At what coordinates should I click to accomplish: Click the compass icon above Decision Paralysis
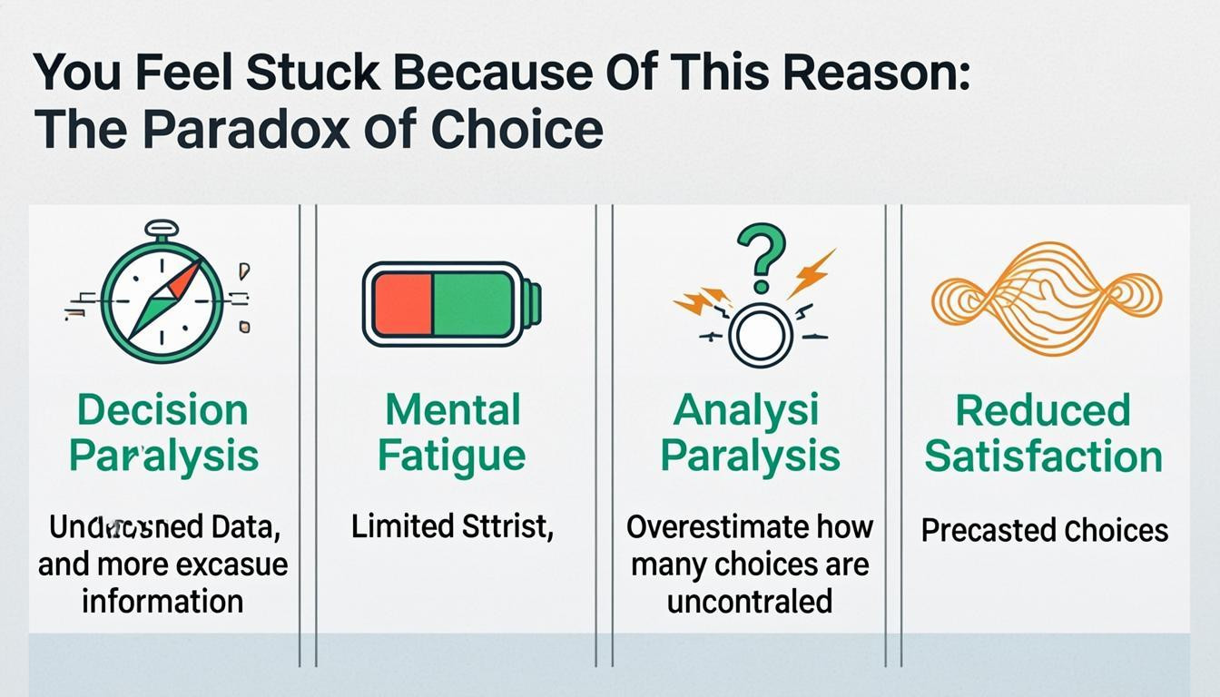(162, 299)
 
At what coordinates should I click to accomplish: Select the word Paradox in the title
(244, 130)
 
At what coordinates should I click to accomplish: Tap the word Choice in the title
(517, 130)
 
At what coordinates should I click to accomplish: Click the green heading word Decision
(162, 410)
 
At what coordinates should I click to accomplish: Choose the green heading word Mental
(452, 410)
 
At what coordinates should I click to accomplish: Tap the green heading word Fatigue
(451, 456)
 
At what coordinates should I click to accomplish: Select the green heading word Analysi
(745, 410)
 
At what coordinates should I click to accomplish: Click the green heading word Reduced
(1043, 411)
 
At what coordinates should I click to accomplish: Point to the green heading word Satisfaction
(1043, 456)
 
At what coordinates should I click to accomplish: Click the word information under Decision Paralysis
(162, 601)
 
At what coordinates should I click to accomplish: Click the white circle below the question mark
(760, 335)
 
